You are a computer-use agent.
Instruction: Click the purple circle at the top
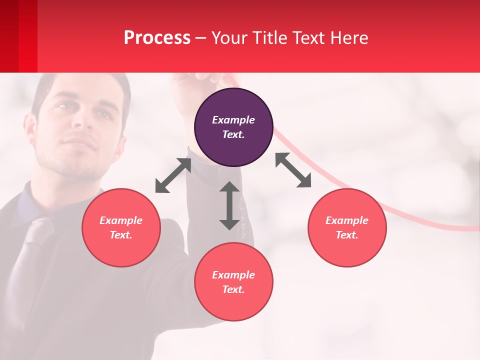pos(233,127)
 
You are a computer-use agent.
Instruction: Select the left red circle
pos(121,227)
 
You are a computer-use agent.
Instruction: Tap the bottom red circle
pos(233,282)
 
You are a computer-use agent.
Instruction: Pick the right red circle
pos(347,227)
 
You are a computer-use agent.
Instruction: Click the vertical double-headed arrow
pos(229,205)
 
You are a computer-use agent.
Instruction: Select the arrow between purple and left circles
pos(173,175)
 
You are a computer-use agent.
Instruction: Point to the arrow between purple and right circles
pos(293,170)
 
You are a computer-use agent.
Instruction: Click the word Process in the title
pos(157,38)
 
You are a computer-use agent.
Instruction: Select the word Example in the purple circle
pos(233,120)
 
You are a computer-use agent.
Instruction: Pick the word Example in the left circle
pos(121,220)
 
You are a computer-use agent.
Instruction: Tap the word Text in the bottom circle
pos(232,289)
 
